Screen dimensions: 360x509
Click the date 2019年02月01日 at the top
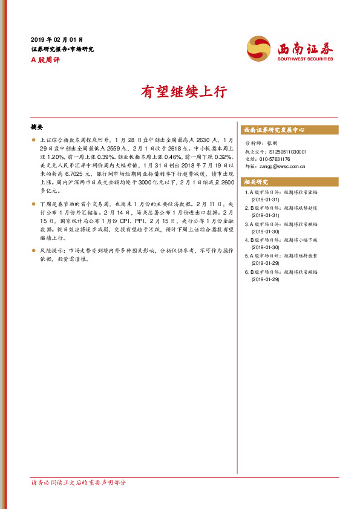(57, 39)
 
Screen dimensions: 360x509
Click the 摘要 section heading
(37, 128)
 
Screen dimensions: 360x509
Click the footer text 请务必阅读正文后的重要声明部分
(78, 482)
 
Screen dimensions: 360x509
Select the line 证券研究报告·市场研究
(62, 49)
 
